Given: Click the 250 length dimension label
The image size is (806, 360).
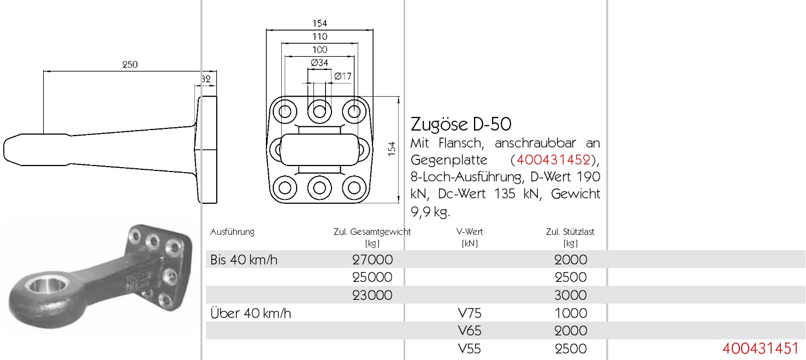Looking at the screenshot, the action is pyautogui.click(x=130, y=64).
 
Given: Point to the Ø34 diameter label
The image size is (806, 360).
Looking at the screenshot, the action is pyautogui.click(x=319, y=63).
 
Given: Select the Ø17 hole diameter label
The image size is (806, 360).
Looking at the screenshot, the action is pyautogui.click(x=342, y=76).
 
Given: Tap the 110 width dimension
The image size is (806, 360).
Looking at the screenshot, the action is pyautogui.click(x=319, y=37).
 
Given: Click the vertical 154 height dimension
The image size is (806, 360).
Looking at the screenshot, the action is pyautogui.click(x=392, y=149).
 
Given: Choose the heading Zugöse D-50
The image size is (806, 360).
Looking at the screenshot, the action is pyautogui.click(x=461, y=125).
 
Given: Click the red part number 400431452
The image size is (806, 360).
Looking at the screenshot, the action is pyautogui.click(x=553, y=160).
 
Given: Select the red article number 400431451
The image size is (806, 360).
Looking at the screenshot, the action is pyautogui.click(x=760, y=349).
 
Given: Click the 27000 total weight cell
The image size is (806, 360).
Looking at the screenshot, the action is pyautogui.click(x=372, y=259).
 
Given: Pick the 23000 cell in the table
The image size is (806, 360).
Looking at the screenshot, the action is pyautogui.click(x=372, y=295).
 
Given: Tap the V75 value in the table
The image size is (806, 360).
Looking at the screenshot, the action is pyautogui.click(x=470, y=313).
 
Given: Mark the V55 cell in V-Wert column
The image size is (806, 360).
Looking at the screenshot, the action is pyautogui.click(x=470, y=349).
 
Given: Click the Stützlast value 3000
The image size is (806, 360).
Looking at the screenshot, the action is pyautogui.click(x=571, y=295).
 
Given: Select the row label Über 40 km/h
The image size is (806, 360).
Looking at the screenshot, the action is pyautogui.click(x=251, y=313).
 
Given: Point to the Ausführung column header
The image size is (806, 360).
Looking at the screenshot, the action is pyautogui.click(x=232, y=232).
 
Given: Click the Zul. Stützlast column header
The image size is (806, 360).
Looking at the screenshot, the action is pyautogui.click(x=570, y=232).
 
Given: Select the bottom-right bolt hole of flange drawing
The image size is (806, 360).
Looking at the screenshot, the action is pyautogui.click(x=354, y=187).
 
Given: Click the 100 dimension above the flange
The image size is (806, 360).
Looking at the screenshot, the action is pyautogui.click(x=319, y=50).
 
